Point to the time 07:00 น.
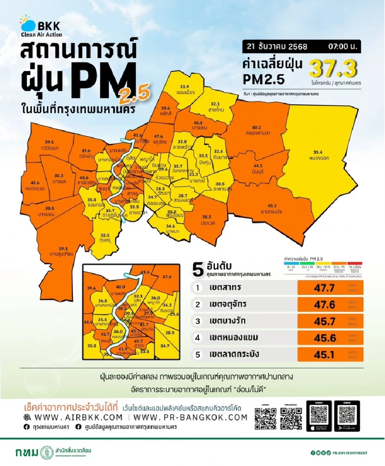click(344, 47)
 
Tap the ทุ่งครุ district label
click(105, 238)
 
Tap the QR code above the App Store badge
click(319, 413)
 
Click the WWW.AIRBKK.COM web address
click(79, 417)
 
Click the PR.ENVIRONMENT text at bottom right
click(352, 453)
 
